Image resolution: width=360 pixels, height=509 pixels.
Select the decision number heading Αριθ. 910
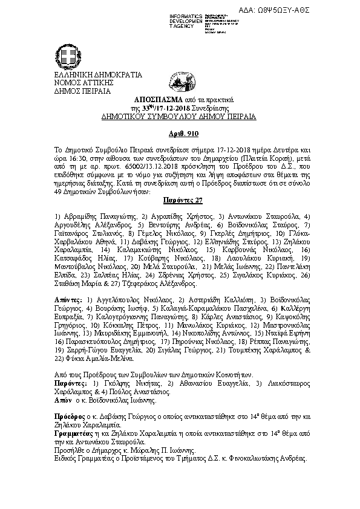tap(180, 133)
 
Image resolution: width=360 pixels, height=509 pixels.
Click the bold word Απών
tap(62, 400)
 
